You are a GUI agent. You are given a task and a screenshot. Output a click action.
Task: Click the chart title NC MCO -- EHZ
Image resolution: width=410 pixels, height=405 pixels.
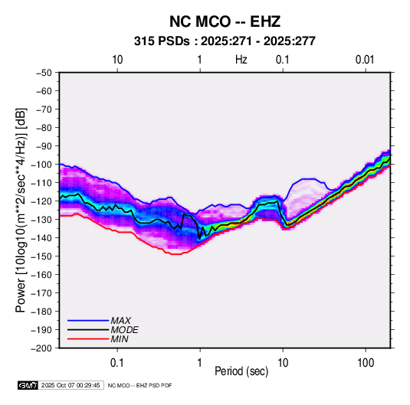click(x=225, y=21)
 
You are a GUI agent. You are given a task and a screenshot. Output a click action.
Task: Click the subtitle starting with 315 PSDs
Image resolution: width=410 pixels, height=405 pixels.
click(x=225, y=41)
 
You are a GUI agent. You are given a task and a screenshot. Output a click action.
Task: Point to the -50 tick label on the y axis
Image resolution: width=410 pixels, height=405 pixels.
click(x=44, y=73)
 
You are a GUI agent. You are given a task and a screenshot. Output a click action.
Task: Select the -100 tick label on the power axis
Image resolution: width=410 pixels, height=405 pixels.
click(x=42, y=165)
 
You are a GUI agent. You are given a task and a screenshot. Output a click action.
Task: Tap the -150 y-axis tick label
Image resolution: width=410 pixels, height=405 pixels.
click(x=42, y=256)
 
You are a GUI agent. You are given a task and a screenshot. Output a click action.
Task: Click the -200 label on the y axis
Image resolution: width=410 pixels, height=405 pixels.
click(x=42, y=348)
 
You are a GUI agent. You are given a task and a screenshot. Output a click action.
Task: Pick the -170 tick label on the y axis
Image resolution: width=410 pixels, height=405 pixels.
click(x=42, y=293)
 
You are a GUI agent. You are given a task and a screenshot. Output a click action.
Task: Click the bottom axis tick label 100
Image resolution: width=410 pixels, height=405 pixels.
click(x=366, y=363)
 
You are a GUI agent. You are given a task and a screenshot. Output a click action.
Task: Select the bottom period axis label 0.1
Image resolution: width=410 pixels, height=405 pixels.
click(x=117, y=363)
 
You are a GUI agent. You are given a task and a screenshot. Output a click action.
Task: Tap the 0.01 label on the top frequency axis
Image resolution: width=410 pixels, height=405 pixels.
click(x=365, y=60)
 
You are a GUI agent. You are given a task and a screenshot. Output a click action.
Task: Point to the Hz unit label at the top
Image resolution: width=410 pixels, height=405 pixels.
click(x=241, y=60)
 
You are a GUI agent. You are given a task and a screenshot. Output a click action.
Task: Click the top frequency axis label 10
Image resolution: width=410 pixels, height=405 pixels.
click(x=117, y=60)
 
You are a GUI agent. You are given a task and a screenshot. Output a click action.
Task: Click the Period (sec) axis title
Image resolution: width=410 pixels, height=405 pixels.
click(x=241, y=371)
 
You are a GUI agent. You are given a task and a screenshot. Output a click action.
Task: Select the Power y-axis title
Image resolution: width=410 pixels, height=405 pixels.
click(x=21, y=211)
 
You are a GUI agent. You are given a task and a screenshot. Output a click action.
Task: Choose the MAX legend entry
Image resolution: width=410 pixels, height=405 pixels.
click(x=120, y=321)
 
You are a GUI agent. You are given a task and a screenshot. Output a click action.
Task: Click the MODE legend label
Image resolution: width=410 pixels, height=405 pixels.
click(x=124, y=330)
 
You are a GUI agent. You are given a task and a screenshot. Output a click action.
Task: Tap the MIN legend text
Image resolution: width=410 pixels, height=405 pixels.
click(x=120, y=339)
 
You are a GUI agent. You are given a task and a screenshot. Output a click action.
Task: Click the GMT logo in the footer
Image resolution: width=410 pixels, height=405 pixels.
click(x=28, y=385)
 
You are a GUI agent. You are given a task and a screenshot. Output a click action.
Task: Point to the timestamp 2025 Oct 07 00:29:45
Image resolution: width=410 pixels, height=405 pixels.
click(x=71, y=385)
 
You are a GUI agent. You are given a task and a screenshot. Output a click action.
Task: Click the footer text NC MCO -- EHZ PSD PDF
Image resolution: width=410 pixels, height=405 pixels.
click(x=139, y=385)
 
